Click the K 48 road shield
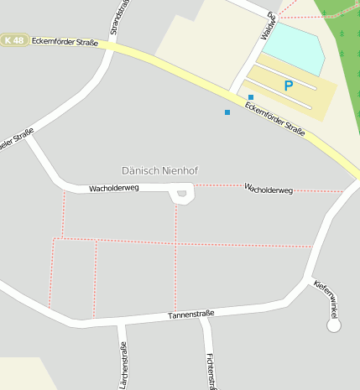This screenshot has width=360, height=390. (x=13, y=40)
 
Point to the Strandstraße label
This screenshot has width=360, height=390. (x=117, y=18)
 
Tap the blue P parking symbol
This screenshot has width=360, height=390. (x=289, y=86)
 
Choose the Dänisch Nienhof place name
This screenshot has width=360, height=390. (x=159, y=170)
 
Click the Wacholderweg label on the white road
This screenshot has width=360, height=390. (x=113, y=189)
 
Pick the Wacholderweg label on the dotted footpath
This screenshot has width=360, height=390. (x=268, y=190)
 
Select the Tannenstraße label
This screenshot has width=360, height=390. (x=191, y=315)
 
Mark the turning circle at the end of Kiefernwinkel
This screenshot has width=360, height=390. (x=334, y=325)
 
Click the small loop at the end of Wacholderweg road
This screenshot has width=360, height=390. (x=181, y=195)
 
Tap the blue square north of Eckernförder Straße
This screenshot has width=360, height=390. (x=250, y=97)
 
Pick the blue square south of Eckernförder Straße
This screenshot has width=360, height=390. (x=227, y=112)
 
